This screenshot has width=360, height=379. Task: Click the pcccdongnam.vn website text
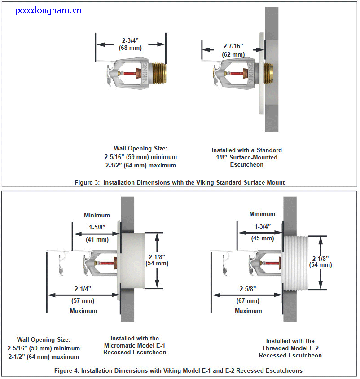pos(48,10)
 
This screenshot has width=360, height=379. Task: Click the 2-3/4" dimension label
pos(131,40)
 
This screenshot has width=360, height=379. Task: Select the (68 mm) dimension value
pos(131,48)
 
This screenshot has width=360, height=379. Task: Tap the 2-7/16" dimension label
pos(233,46)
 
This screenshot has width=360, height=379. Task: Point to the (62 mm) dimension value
pos(233,54)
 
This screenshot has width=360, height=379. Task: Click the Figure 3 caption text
pos(180,182)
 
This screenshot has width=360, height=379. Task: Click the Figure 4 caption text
pos(178,371)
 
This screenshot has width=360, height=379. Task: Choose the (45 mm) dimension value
pos(262,238)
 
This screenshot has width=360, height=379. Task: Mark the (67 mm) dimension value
pos(248,300)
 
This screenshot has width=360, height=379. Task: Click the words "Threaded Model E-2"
pos(290,348)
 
